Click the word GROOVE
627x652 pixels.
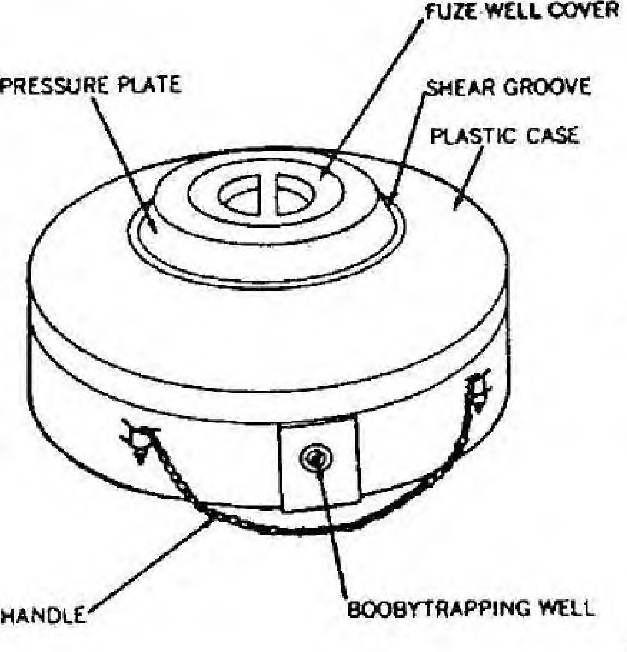click(x=547, y=87)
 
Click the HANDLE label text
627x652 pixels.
click(x=44, y=615)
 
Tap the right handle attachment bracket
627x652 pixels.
click(x=479, y=390)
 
